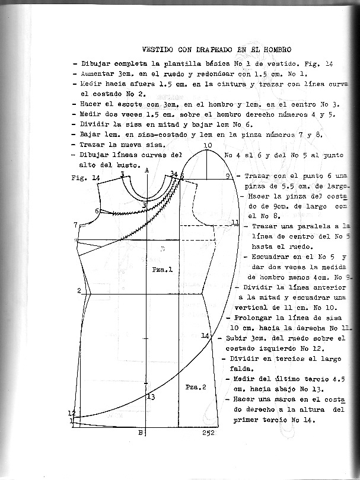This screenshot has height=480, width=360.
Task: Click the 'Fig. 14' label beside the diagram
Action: (84, 178)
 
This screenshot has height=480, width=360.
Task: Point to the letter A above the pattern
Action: (146, 169)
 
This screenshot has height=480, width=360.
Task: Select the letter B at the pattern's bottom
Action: (140, 433)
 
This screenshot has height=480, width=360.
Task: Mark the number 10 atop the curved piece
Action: (207, 146)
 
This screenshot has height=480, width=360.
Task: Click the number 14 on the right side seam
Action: (205, 336)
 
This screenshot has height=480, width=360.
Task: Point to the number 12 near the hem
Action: (72, 413)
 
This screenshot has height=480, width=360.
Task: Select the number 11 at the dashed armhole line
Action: (235, 223)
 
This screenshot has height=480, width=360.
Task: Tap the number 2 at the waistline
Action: (78, 290)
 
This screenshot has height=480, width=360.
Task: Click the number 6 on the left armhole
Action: (97, 211)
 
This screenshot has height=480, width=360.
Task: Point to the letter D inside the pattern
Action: (162, 249)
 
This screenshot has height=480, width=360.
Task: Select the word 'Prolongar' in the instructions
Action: (257, 318)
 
